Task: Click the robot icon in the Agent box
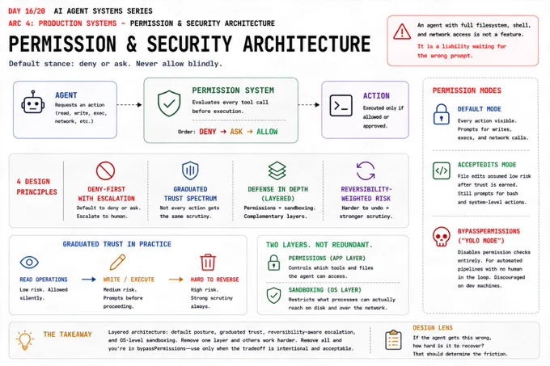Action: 33,103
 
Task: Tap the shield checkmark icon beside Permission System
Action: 169,103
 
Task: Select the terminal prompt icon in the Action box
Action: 341,105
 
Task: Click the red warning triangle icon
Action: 402,32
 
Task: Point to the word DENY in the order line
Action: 208,132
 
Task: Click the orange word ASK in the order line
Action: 236,132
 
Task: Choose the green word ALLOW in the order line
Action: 267,132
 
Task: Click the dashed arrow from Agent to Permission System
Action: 129,105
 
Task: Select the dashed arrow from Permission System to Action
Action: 309,105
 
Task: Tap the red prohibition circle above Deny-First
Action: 106,171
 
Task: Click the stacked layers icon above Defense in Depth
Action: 277,170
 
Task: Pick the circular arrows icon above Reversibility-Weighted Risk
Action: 366,170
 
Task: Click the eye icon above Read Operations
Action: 29,263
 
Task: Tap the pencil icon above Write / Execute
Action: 117,262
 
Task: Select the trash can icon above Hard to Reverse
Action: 208,262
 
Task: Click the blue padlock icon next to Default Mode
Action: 442,114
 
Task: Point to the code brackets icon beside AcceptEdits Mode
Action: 442,171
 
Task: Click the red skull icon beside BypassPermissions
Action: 442,237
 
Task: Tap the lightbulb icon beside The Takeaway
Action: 24,339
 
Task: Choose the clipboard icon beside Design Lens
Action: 393,339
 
